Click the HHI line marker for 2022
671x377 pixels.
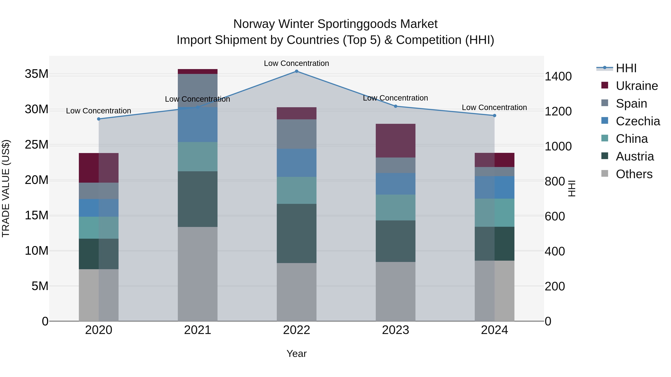tap(296, 71)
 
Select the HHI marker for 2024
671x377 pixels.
tap(494, 115)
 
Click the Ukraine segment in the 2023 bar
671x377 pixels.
tap(395, 141)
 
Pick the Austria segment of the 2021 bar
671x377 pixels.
tap(197, 199)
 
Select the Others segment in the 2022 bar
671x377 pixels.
tap(296, 292)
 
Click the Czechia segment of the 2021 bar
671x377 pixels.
tap(197, 124)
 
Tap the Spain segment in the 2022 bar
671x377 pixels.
tap(296, 134)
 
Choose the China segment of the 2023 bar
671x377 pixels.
tap(395, 207)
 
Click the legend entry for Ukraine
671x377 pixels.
tap(637, 86)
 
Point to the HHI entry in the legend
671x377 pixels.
tap(626, 68)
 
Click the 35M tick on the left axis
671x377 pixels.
tap(37, 74)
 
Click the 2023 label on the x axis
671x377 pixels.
tap(395, 330)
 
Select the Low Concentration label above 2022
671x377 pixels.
tap(296, 63)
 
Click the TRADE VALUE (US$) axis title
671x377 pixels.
tap(6, 188)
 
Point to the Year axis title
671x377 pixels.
tap(296, 354)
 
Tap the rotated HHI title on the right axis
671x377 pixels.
tap(572, 188)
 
